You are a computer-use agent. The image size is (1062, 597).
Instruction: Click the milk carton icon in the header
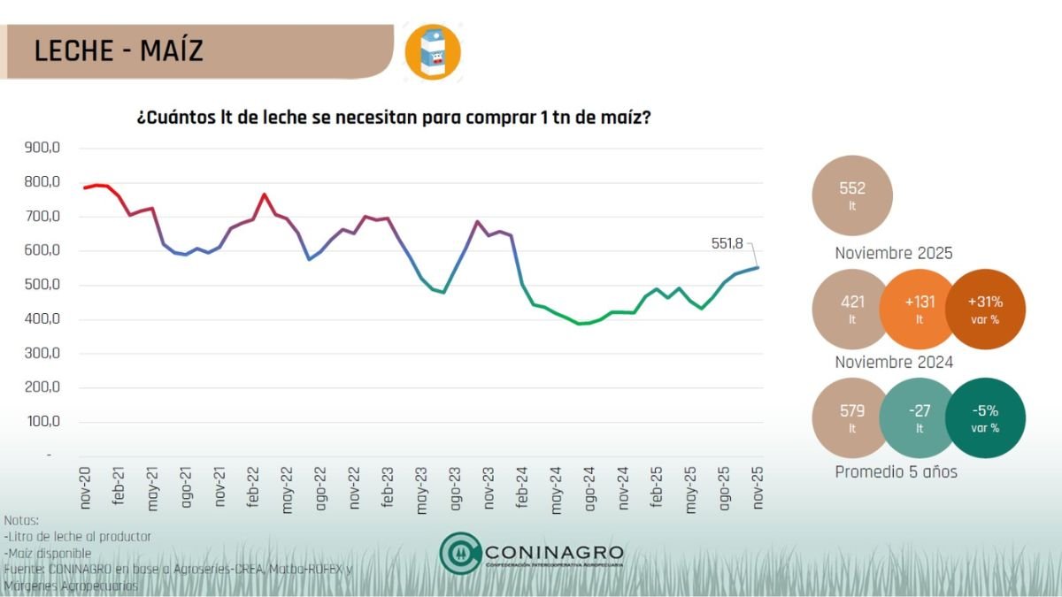point(433,52)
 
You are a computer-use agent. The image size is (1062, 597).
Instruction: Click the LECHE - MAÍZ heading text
point(119,50)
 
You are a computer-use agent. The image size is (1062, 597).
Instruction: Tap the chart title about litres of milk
point(394,117)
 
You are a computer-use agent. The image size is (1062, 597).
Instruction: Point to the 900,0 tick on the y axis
point(42,148)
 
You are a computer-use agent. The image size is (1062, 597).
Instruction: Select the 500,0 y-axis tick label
point(42,285)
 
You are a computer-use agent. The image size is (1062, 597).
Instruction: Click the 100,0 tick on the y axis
point(42,422)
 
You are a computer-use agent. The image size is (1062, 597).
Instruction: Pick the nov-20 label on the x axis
point(86,488)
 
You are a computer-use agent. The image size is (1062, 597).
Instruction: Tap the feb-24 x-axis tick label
point(522,488)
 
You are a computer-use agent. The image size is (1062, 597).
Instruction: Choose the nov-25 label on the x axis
point(757,488)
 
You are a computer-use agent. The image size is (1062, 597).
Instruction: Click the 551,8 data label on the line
point(729,242)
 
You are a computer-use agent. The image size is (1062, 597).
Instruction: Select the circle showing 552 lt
point(852,195)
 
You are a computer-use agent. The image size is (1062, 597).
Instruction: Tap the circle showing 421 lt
point(852,309)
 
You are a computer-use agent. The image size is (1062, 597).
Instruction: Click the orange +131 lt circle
point(919,309)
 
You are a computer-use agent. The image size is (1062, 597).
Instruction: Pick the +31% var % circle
point(985,309)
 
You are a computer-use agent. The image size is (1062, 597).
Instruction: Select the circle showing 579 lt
point(852,417)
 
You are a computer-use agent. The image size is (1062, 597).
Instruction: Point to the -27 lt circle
point(919,417)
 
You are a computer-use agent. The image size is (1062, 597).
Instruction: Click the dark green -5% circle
point(985,417)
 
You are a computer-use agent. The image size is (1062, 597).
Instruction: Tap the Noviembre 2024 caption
point(894,363)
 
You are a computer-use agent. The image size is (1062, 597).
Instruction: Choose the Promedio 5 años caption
point(896,471)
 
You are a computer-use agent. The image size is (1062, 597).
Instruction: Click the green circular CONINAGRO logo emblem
point(460,553)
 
